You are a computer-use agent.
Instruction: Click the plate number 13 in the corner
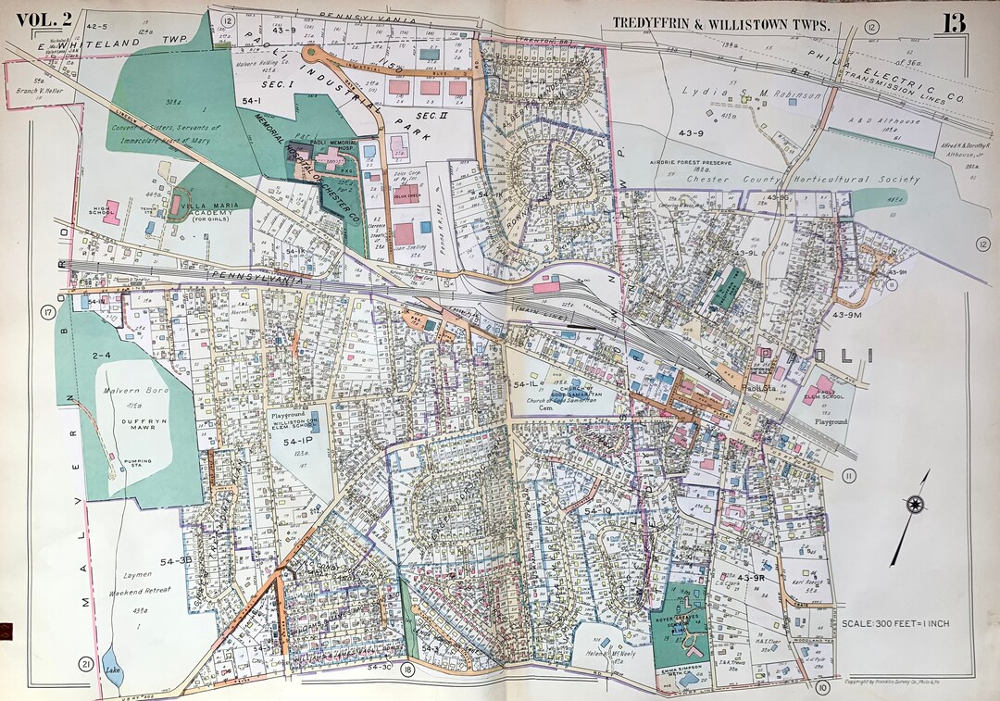click(x=955, y=22)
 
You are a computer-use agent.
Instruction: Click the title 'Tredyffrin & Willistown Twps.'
click(x=721, y=25)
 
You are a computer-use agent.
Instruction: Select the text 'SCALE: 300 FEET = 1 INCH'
click(x=894, y=623)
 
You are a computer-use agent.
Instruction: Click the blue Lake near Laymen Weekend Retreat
click(x=113, y=674)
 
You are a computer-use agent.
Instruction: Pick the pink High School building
click(x=111, y=212)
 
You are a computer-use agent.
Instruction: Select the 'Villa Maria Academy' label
click(x=211, y=212)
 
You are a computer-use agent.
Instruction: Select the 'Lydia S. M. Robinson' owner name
click(x=752, y=94)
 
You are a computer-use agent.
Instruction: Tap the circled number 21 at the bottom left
click(x=85, y=664)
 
